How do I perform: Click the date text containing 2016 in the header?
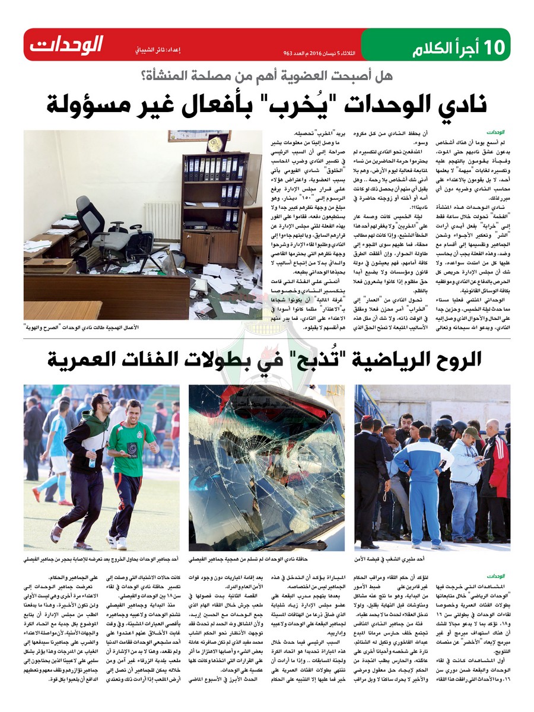click(320, 53)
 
